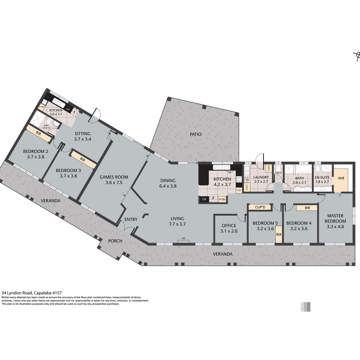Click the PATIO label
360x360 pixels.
click(x=196, y=134)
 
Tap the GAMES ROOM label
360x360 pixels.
click(x=114, y=177)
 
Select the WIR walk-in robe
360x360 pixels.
click(x=341, y=180)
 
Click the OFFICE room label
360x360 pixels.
click(x=229, y=226)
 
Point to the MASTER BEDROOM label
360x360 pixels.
click(x=335, y=218)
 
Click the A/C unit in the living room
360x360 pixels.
click(x=183, y=241)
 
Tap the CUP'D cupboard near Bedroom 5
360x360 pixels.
click(x=260, y=207)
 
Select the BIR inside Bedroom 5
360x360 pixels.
click(x=279, y=235)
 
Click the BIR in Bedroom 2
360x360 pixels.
click(x=39, y=133)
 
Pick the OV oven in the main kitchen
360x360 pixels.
click(x=204, y=199)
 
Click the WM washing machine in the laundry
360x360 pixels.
click(x=247, y=180)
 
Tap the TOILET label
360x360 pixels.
click(x=279, y=173)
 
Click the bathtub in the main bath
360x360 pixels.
click(x=304, y=169)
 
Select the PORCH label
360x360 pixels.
click(x=115, y=241)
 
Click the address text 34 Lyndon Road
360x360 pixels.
click(x=17, y=293)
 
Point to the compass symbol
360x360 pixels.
click(x=357, y=56)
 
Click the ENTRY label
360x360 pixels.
click(x=131, y=219)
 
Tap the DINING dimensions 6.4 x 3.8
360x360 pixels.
click(x=168, y=186)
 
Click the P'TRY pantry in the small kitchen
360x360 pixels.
click(x=42, y=107)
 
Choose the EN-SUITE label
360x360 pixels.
click(x=322, y=177)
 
